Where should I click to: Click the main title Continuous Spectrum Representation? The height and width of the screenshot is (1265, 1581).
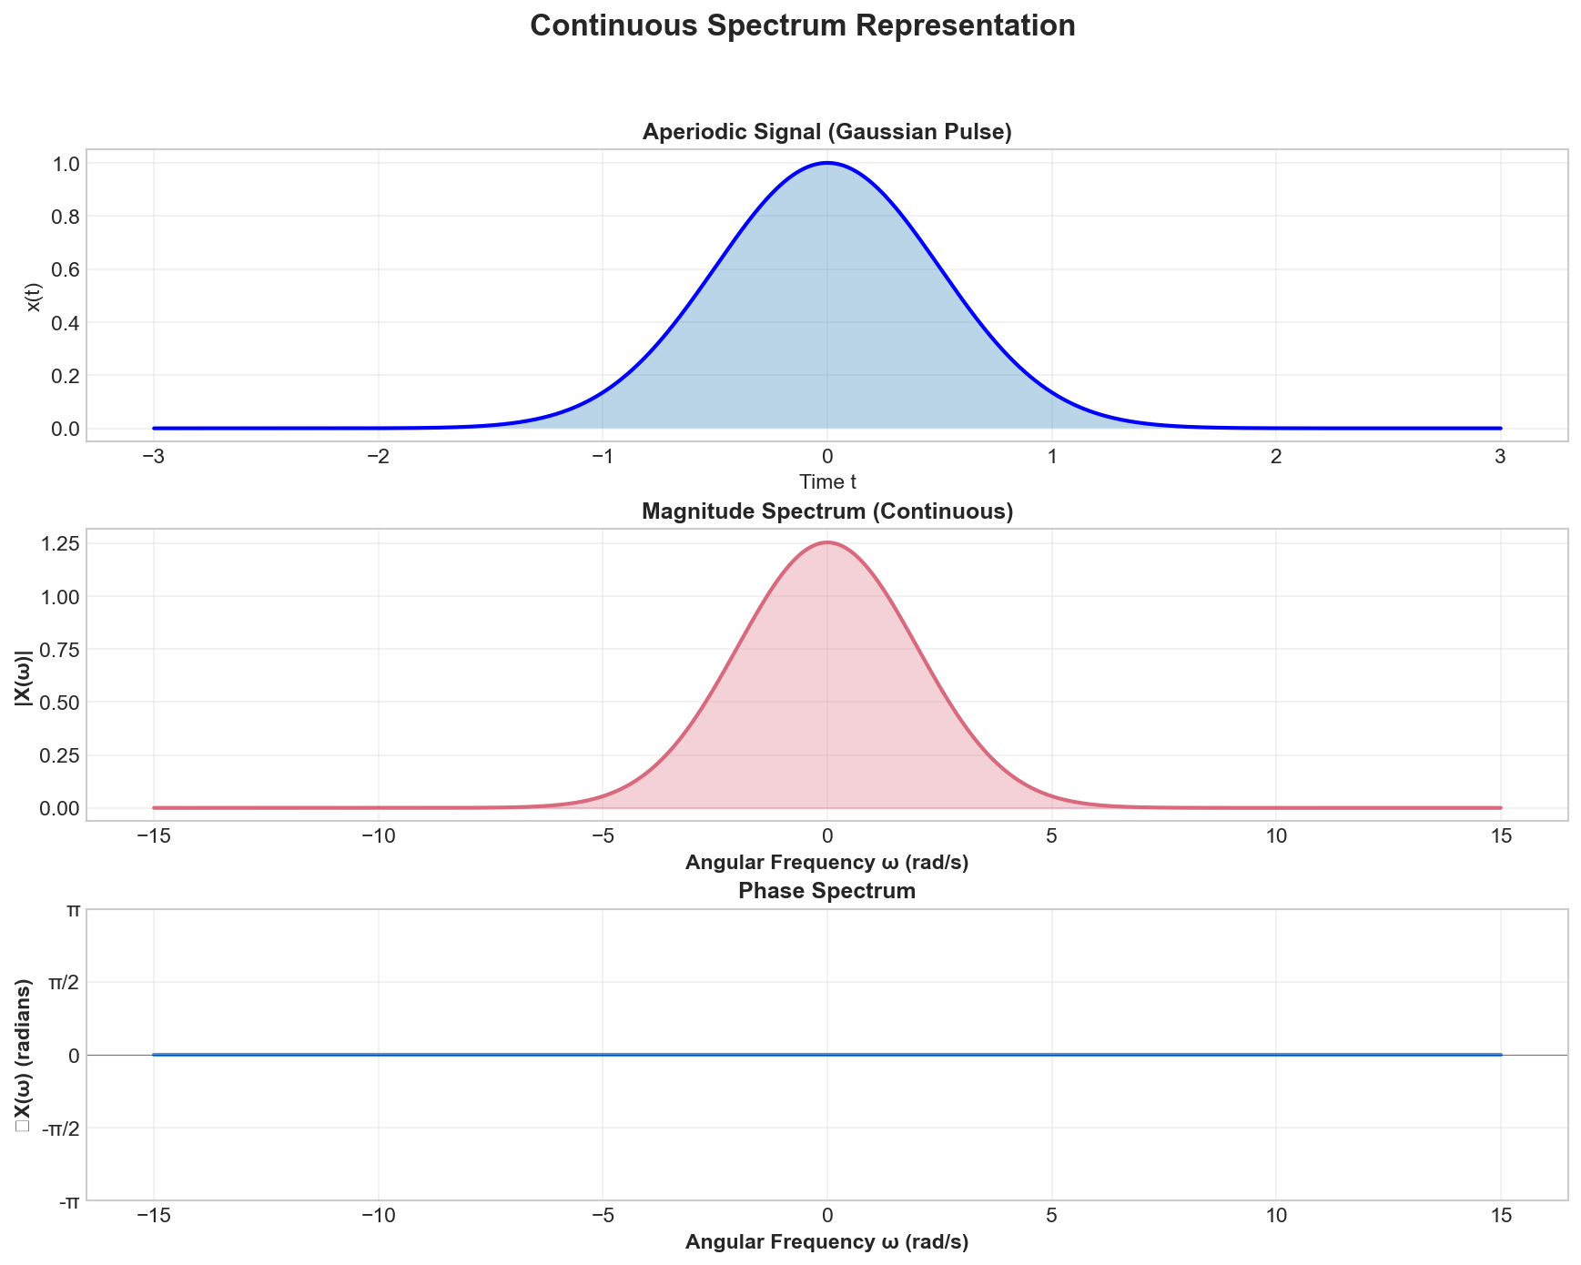pos(802,25)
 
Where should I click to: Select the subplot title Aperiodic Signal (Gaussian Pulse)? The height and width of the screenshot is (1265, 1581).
pos(826,132)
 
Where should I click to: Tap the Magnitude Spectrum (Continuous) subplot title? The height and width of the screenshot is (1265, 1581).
pos(826,511)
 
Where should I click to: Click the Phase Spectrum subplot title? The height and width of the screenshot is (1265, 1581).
pos(826,891)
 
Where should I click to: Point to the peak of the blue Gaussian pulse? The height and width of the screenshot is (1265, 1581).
pos(826,163)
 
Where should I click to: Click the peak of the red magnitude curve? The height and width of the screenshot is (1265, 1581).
pos(826,542)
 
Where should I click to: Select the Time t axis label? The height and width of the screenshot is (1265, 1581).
pos(826,481)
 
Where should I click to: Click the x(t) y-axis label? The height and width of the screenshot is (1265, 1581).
pos(35,295)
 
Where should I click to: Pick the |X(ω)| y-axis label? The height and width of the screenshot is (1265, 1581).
pos(24,674)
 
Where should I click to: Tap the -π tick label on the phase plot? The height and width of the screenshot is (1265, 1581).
pos(67,1202)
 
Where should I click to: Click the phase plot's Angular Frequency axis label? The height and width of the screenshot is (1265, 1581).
pos(826,1242)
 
